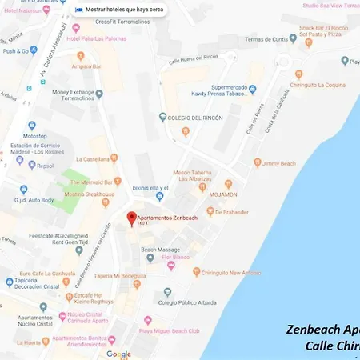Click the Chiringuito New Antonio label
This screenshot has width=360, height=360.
pyautogui.click(x=234, y=273)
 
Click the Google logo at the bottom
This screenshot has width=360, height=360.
pyautogui.click(x=118, y=354)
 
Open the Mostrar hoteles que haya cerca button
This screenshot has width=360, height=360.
pyautogui.click(x=123, y=10)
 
